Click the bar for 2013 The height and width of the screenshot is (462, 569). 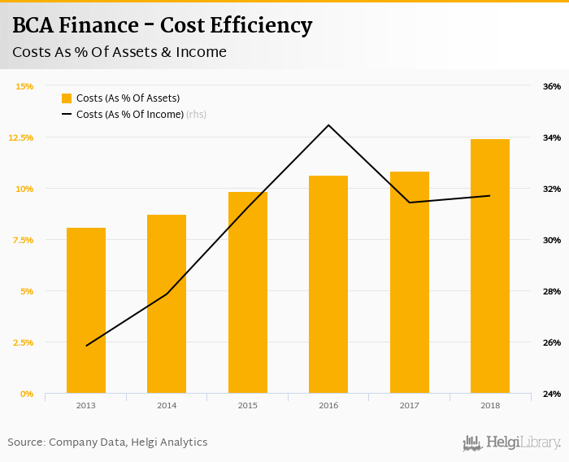[x=86, y=311]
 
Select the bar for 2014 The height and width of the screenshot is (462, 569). [x=167, y=304]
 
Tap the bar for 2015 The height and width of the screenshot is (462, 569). [x=248, y=293]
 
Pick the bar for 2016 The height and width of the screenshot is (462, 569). [x=328, y=285]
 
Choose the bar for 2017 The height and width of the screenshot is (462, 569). [x=410, y=282]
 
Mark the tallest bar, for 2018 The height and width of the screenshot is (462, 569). [x=490, y=266]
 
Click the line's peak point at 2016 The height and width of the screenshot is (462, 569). [x=328, y=125]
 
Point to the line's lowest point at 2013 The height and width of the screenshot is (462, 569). [x=86, y=346]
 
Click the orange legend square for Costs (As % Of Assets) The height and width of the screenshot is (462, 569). [x=67, y=98]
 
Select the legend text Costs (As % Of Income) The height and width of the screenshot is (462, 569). [x=130, y=115]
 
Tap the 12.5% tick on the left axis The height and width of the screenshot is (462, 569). [x=21, y=137]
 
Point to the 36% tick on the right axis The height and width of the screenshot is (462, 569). [x=551, y=86]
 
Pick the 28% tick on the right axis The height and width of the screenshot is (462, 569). [x=551, y=291]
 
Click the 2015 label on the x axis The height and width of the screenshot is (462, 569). [x=248, y=405]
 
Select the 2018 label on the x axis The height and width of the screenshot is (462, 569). [x=490, y=405]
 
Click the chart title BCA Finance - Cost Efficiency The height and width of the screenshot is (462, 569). [x=162, y=26]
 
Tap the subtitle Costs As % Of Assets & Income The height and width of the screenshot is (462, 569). [x=119, y=53]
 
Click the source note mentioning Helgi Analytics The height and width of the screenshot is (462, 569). [x=107, y=442]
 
